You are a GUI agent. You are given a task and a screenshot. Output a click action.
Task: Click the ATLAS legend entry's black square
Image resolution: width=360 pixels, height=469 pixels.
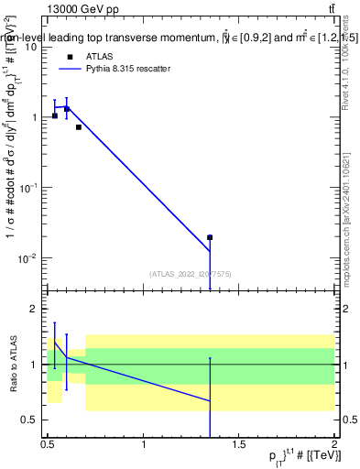pos(70,57)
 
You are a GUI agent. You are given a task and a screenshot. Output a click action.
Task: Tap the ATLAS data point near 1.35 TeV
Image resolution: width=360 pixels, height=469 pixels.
pos(210,237)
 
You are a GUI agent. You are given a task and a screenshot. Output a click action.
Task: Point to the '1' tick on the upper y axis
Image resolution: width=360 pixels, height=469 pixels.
pos(38,117)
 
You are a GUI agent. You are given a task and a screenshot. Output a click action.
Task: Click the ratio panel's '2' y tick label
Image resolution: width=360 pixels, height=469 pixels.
pos(38,310)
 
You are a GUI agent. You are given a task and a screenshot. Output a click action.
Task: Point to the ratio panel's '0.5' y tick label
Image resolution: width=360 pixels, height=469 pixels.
pos(33,420)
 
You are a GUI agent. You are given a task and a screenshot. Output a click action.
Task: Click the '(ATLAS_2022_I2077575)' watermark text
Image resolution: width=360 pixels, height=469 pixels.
pos(191,273)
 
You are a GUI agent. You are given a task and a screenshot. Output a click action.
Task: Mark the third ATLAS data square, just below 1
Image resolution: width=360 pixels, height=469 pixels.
pos(79,127)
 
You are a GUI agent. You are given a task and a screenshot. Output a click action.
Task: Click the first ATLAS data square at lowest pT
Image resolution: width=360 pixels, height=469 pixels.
pos(55,115)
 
